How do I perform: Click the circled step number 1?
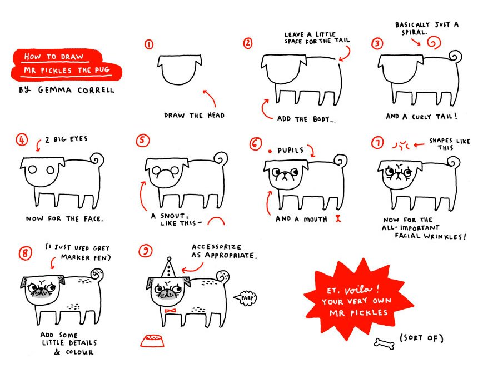pos(149,44)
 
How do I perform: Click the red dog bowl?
pos(154,340)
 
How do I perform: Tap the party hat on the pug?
pos(168,268)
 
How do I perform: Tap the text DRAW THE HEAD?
pos(194,116)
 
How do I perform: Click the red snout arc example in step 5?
pos(216,221)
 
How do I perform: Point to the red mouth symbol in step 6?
pos(336,219)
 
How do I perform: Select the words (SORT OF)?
pos(422,338)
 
